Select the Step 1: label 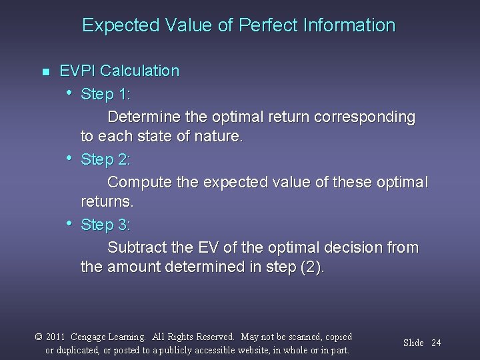105,94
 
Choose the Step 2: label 105,159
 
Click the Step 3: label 105,225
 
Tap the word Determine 143,117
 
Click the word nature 221,137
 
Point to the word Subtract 135,248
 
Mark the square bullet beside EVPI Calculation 45,71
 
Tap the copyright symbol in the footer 39,337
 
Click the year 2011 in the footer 55,337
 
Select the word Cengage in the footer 88,337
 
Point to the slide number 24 436,343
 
